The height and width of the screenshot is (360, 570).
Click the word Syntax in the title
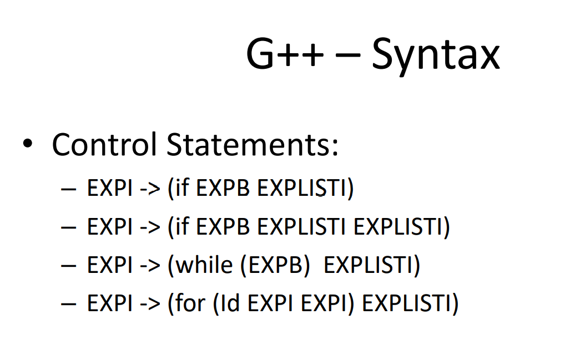click(x=436, y=55)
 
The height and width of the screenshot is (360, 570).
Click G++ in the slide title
click(x=285, y=55)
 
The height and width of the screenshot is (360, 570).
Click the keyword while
click(x=204, y=265)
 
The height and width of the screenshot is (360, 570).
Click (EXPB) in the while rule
click(x=275, y=265)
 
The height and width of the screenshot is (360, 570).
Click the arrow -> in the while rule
click(x=149, y=265)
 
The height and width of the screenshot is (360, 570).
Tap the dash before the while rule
click(x=68, y=265)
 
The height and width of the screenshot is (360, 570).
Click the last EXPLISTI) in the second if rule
click(x=401, y=227)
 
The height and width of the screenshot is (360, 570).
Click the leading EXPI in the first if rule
click(x=109, y=189)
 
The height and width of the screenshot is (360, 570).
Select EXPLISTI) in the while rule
click(x=371, y=265)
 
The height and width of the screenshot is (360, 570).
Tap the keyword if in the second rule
click(x=183, y=227)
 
